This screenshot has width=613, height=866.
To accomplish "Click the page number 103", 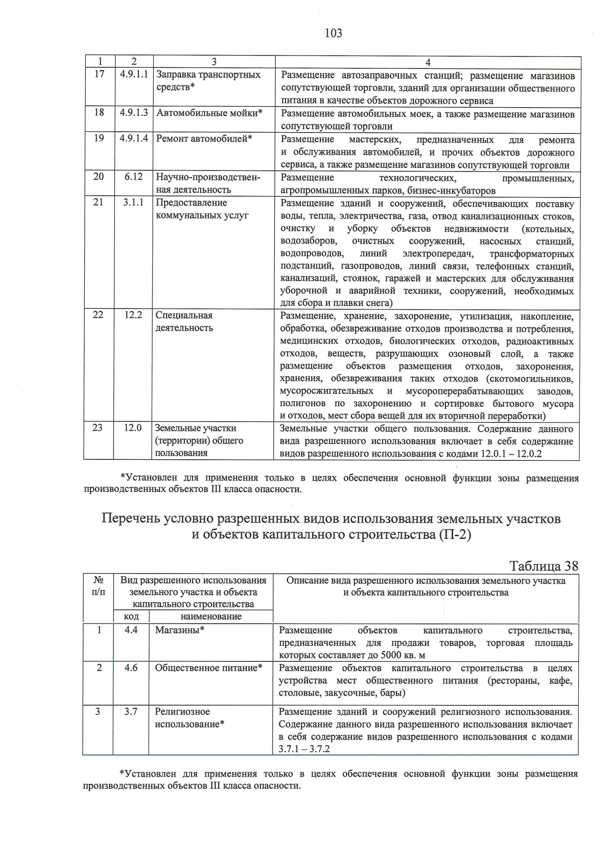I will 333,34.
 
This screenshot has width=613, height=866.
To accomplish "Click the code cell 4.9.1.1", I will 134,75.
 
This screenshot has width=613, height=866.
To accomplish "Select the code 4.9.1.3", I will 134,113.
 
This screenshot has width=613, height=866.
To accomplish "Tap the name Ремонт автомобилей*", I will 204,138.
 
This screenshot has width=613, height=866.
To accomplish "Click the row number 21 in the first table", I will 99,202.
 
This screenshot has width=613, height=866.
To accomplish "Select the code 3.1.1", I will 133,202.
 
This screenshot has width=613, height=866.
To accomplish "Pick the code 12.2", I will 133,315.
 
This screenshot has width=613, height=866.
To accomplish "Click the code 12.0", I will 133,428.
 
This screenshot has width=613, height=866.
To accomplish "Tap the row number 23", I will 98,428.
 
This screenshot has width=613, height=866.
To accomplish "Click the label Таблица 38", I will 544,566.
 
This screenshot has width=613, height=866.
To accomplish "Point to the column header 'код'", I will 131,616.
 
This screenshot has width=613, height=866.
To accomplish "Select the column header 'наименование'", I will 211,616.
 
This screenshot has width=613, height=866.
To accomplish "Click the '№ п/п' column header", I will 99,586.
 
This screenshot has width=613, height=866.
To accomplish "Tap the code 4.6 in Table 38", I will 131,668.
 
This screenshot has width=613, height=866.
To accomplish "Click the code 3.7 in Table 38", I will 131,711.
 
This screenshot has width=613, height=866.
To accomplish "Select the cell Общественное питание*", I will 208,668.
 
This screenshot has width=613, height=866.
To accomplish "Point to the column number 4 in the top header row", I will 428,62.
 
